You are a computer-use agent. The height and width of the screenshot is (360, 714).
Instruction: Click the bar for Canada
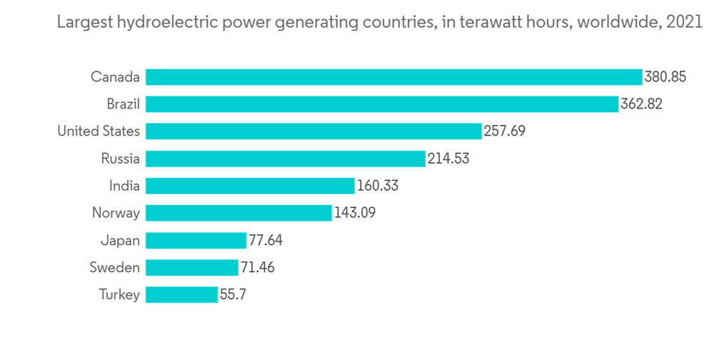pyautogui.click(x=393, y=77)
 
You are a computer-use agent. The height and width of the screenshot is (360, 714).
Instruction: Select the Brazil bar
pyautogui.click(x=381, y=104)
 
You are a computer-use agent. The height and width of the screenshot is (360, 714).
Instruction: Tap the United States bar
pyautogui.click(x=313, y=131)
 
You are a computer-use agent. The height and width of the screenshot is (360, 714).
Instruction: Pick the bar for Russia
pyautogui.click(x=286, y=159)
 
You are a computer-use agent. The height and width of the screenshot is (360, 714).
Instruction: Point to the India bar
pyautogui.click(x=250, y=186)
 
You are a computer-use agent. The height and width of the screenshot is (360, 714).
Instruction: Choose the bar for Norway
pyautogui.click(x=238, y=213)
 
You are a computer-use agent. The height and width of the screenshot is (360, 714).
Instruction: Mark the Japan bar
pyautogui.click(x=196, y=240)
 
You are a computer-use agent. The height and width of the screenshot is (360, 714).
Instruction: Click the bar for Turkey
pyautogui.click(x=181, y=294)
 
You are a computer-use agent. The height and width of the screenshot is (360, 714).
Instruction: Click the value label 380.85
pyautogui.click(x=665, y=77)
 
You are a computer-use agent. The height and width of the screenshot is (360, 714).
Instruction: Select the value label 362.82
pyautogui.click(x=641, y=104)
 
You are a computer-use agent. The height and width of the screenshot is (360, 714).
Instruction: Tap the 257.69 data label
pyautogui.click(x=505, y=131)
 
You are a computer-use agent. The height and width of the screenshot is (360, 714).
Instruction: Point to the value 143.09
pyautogui.click(x=356, y=213)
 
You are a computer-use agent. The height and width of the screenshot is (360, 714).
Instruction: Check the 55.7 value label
pyautogui.click(x=233, y=294)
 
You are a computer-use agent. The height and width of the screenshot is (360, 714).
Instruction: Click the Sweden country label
pyautogui.click(x=114, y=268)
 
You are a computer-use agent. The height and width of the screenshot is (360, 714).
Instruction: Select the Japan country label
pyautogui.click(x=121, y=241)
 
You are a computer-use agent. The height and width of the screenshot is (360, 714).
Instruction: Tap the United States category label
pyautogui.click(x=99, y=131)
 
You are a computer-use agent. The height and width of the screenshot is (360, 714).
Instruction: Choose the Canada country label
pyautogui.click(x=115, y=77)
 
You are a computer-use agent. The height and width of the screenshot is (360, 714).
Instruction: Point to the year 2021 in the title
pyautogui.click(x=683, y=23)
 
